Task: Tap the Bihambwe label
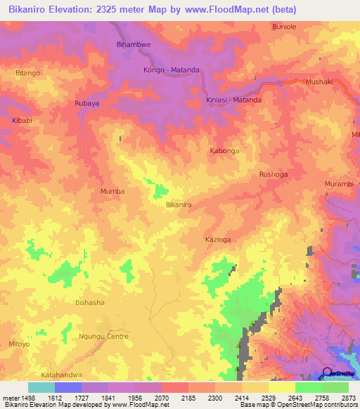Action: pyautogui.click(x=133, y=44)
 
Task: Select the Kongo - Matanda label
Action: pyautogui.click(x=172, y=70)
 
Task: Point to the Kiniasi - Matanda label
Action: pyautogui.click(x=234, y=100)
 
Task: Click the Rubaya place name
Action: pyautogui.click(x=87, y=103)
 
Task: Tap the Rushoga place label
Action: pyautogui.click(x=274, y=174)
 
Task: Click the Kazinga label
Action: pyautogui.click(x=218, y=240)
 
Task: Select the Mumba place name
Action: pyautogui.click(x=112, y=191)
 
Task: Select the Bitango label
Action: pyautogui.click(x=28, y=72)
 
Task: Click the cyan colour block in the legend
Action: pyautogui.click(x=41, y=387)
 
